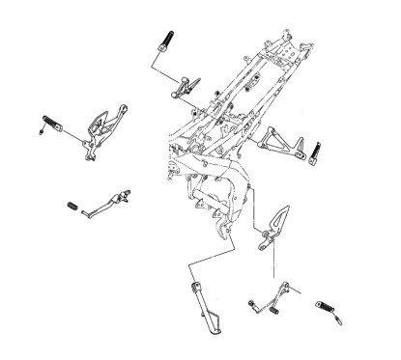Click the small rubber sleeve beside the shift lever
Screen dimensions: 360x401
[x=72, y=205]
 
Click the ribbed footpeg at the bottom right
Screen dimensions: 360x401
[x=327, y=308]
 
